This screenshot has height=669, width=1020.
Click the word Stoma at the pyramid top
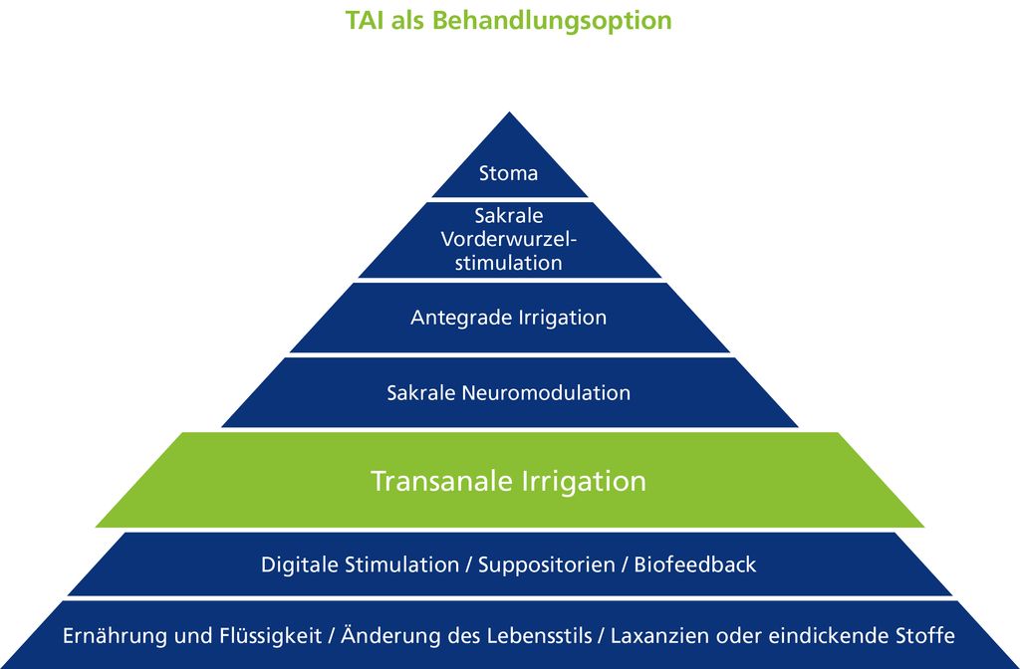[508, 173]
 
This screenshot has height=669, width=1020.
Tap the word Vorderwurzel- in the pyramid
[509, 239]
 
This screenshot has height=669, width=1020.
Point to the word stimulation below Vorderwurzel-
[509, 263]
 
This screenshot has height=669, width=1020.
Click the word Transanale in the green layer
[441, 481]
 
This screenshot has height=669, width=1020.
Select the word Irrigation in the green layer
[584, 482]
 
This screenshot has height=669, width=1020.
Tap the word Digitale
[300, 564]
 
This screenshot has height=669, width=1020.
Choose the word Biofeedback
[695, 564]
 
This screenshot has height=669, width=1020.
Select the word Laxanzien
[658, 635]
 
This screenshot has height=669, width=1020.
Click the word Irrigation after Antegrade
[562, 319]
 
